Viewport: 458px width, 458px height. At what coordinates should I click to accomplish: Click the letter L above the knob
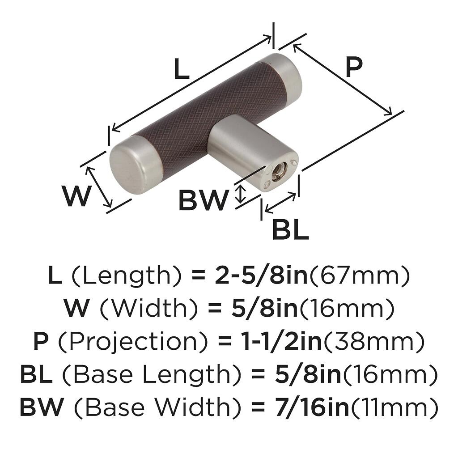point(182,68)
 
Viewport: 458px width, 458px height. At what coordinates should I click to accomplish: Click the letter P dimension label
point(354,67)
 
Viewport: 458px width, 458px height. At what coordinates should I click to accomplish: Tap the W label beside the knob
point(75,196)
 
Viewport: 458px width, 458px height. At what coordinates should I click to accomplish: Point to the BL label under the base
point(290,229)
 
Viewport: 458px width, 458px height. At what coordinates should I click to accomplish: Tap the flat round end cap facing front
point(126,168)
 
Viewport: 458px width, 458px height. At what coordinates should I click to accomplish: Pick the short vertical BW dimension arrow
point(240,194)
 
